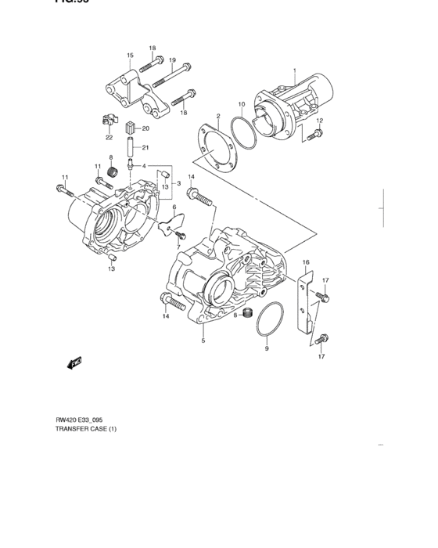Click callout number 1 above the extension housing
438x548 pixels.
(295, 70)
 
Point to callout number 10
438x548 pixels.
(242, 104)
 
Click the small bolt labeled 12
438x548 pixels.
(314, 135)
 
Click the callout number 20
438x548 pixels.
(145, 128)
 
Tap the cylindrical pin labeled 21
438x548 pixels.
(130, 147)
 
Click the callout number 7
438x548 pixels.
(178, 247)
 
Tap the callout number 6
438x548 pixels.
(174, 207)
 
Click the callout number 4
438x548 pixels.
(144, 166)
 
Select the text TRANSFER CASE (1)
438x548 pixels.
(87, 429)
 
